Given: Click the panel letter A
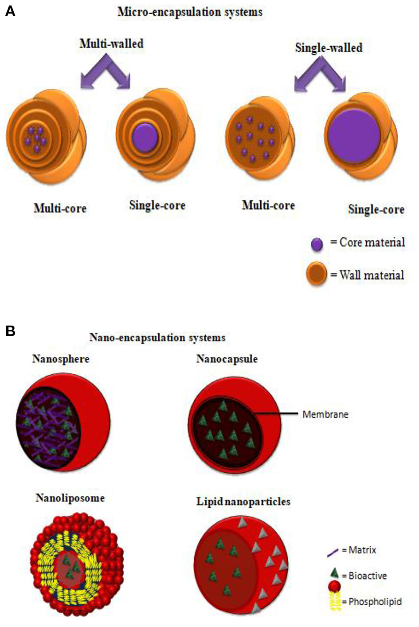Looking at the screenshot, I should [10, 11].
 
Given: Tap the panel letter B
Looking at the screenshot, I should [10, 331].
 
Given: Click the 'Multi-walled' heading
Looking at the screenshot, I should [111, 43].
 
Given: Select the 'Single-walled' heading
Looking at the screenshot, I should [329, 47].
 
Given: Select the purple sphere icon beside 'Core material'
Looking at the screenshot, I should [317, 244].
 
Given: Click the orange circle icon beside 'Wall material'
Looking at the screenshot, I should [317, 274].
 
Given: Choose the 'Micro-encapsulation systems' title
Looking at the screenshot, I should [190, 12].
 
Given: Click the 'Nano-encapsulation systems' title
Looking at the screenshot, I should [157, 337].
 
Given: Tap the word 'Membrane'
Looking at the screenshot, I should [325, 415].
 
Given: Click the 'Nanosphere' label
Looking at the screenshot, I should [61, 359].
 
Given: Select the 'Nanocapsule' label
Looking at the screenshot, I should [227, 359].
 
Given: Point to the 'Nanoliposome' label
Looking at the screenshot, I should [70, 498].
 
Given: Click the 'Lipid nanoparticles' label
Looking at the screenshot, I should [243, 502].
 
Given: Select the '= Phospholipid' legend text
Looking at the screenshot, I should [372, 602].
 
